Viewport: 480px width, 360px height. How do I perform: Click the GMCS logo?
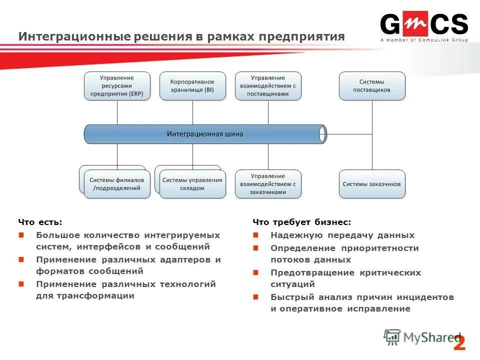coord(423,24)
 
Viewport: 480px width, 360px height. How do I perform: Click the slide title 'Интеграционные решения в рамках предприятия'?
coord(181,36)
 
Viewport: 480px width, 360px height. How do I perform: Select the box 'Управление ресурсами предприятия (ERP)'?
coord(117,86)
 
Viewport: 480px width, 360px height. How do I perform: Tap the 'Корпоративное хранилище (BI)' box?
coord(192,86)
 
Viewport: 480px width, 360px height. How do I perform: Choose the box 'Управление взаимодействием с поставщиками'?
coord(268,86)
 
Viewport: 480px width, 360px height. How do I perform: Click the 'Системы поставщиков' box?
coord(372,86)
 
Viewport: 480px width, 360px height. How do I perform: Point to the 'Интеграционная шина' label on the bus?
coord(205,134)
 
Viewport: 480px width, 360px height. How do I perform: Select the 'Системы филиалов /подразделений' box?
coord(117,184)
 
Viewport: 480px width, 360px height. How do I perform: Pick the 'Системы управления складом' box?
coord(192,184)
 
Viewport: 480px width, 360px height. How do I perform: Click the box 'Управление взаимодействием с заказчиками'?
coord(268,184)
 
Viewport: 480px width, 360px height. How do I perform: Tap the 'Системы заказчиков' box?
coord(372,184)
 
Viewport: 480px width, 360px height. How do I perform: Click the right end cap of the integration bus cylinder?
coord(322,134)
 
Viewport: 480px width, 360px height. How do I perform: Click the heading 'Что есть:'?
coord(40,222)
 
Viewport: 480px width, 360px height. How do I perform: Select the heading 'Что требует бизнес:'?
coord(302,222)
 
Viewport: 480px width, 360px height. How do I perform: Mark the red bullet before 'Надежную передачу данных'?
coord(255,235)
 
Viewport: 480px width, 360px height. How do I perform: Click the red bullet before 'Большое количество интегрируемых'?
coord(21,235)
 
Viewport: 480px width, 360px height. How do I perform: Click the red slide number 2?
coord(459,343)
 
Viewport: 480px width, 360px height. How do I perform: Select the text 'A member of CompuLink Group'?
coord(424,40)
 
